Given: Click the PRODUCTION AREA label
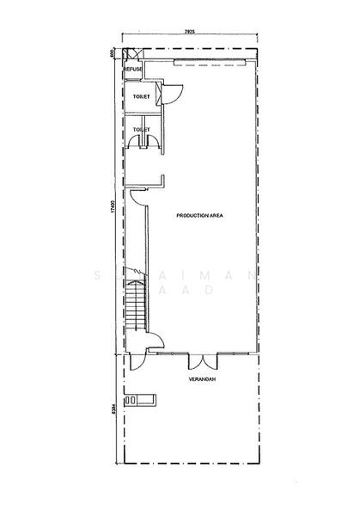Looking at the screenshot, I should pos(199,215).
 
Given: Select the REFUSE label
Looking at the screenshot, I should pos(132,69).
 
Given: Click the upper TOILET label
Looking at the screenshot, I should pos(141,97).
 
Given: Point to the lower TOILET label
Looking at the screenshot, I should pos(141,129).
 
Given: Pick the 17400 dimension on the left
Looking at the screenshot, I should pos(111,208).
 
